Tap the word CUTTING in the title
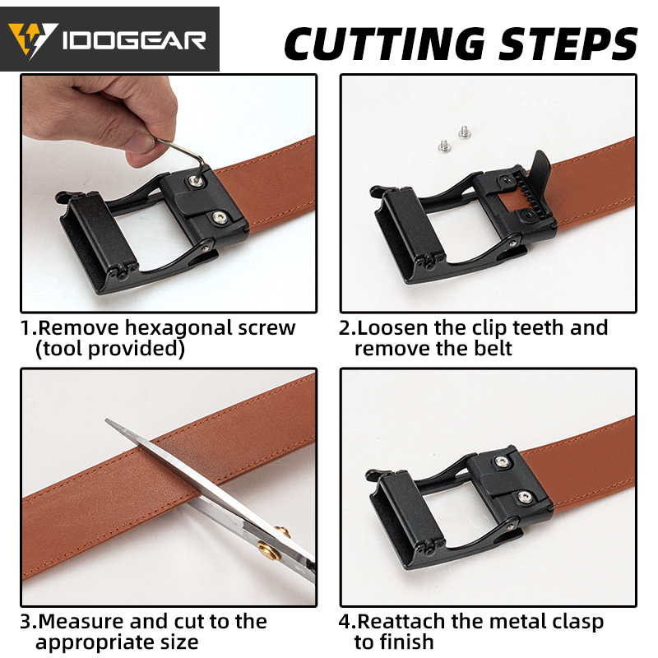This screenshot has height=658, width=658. click(x=385, y=44)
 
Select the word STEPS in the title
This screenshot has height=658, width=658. click(x=568, y=44)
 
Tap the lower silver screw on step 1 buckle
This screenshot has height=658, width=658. click(x=218, y=217)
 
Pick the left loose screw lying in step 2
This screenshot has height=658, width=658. click(x=444, y=146)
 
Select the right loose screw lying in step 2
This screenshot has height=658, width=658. click(x=464, y=132)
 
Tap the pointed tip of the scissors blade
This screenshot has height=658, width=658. click(x=106, y=419)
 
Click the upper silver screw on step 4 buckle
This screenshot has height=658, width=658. click(x=501, y=462)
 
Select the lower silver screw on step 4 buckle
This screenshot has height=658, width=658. click(x=524, y=497)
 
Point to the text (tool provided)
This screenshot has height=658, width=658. click(x=110, y=349)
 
